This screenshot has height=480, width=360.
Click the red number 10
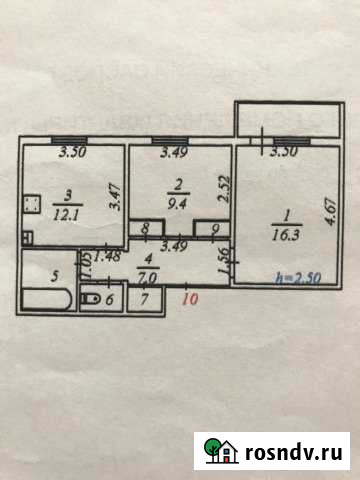tap(189, 297)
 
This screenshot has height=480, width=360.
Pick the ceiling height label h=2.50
tap(303, 278)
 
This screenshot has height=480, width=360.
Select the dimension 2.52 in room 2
tap(226, 188)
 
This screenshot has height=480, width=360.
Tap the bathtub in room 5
tap(46, 300)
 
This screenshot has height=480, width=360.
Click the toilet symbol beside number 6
tap(88, 299)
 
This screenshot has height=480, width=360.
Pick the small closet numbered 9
tap(214, 228)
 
